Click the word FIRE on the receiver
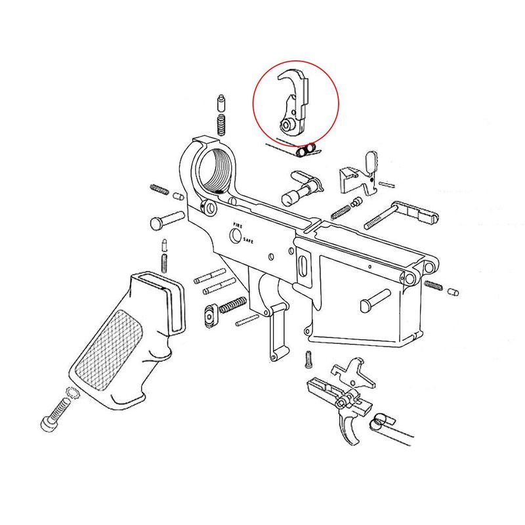(x=236, y=225)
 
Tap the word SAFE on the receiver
(x=249, y=241)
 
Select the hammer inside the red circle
(x=295, y=102)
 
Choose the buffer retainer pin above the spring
(x=220, y=103)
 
